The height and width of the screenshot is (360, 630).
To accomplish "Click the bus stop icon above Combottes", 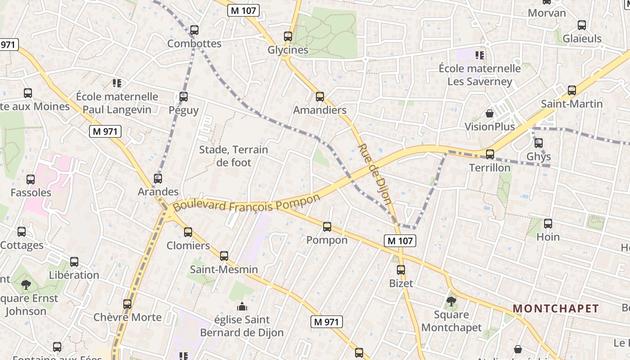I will coord(194,30).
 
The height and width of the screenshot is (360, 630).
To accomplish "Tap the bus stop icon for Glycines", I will coord(288,36).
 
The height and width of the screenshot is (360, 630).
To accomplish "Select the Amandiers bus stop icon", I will coord(320,96).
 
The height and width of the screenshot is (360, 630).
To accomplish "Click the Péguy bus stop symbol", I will coord(184,96).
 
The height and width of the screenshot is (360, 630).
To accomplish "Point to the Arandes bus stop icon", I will coord(158,178).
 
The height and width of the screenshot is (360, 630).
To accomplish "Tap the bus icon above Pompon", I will coord(327,226).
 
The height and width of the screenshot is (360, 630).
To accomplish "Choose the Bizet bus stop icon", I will coord(401,270).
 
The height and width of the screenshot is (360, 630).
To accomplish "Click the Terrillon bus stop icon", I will coord(490,154).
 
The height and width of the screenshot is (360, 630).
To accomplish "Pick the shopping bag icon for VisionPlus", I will coord(490,113).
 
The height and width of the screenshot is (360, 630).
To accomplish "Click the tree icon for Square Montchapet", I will coord(451,301).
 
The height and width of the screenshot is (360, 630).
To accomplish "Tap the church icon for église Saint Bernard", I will coord(242,306).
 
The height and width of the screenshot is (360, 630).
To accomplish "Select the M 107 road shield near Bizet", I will coord(400,241).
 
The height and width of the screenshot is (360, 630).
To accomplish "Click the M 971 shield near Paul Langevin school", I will coord(105,131).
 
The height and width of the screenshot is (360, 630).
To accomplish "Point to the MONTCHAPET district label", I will coord(556,309).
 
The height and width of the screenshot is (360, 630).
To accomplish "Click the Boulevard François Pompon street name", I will coord(247,203).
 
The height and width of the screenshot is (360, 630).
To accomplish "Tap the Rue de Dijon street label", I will coord(374,174).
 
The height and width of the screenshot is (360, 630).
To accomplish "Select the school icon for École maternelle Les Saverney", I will coord(480,55).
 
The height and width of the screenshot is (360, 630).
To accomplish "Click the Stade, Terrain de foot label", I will coord(234,156).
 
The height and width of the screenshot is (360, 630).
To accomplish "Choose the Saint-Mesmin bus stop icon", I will coord(224,256).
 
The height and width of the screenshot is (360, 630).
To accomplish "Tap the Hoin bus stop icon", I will coord(548,224).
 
